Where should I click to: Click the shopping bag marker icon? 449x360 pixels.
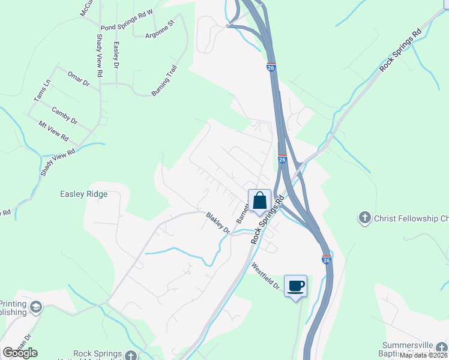pyautogui.click(x=260, y=200)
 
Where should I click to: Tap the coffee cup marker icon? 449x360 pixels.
pyautogui.click(x=295, y=286)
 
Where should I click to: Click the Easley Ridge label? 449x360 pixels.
pyautogui.click(x=83, y=194)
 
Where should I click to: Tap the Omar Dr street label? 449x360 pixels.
pyautogui.click(x=78, y=79)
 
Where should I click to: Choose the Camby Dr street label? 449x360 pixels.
pyautogui.click(x=65, y=115)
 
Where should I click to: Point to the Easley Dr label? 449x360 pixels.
pyautogui.click(x=116, y=54)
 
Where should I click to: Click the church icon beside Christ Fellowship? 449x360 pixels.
pyautogui.click(x=365, y=218)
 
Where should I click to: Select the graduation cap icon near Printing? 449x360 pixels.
pyautogui.click(x=36, y=308)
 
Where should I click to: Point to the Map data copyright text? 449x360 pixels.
pyautogui.click(x=423, y=355)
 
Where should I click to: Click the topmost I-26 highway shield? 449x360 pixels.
pyautogui.click(x=271, y=68)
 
